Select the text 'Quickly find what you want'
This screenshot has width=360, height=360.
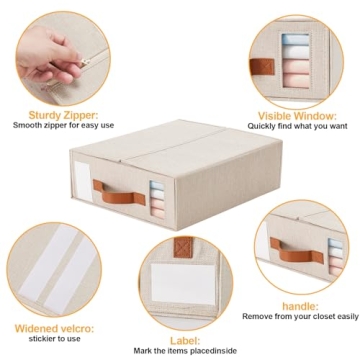[x=297, y=127]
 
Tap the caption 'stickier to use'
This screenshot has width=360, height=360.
[x=47, y=339]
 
